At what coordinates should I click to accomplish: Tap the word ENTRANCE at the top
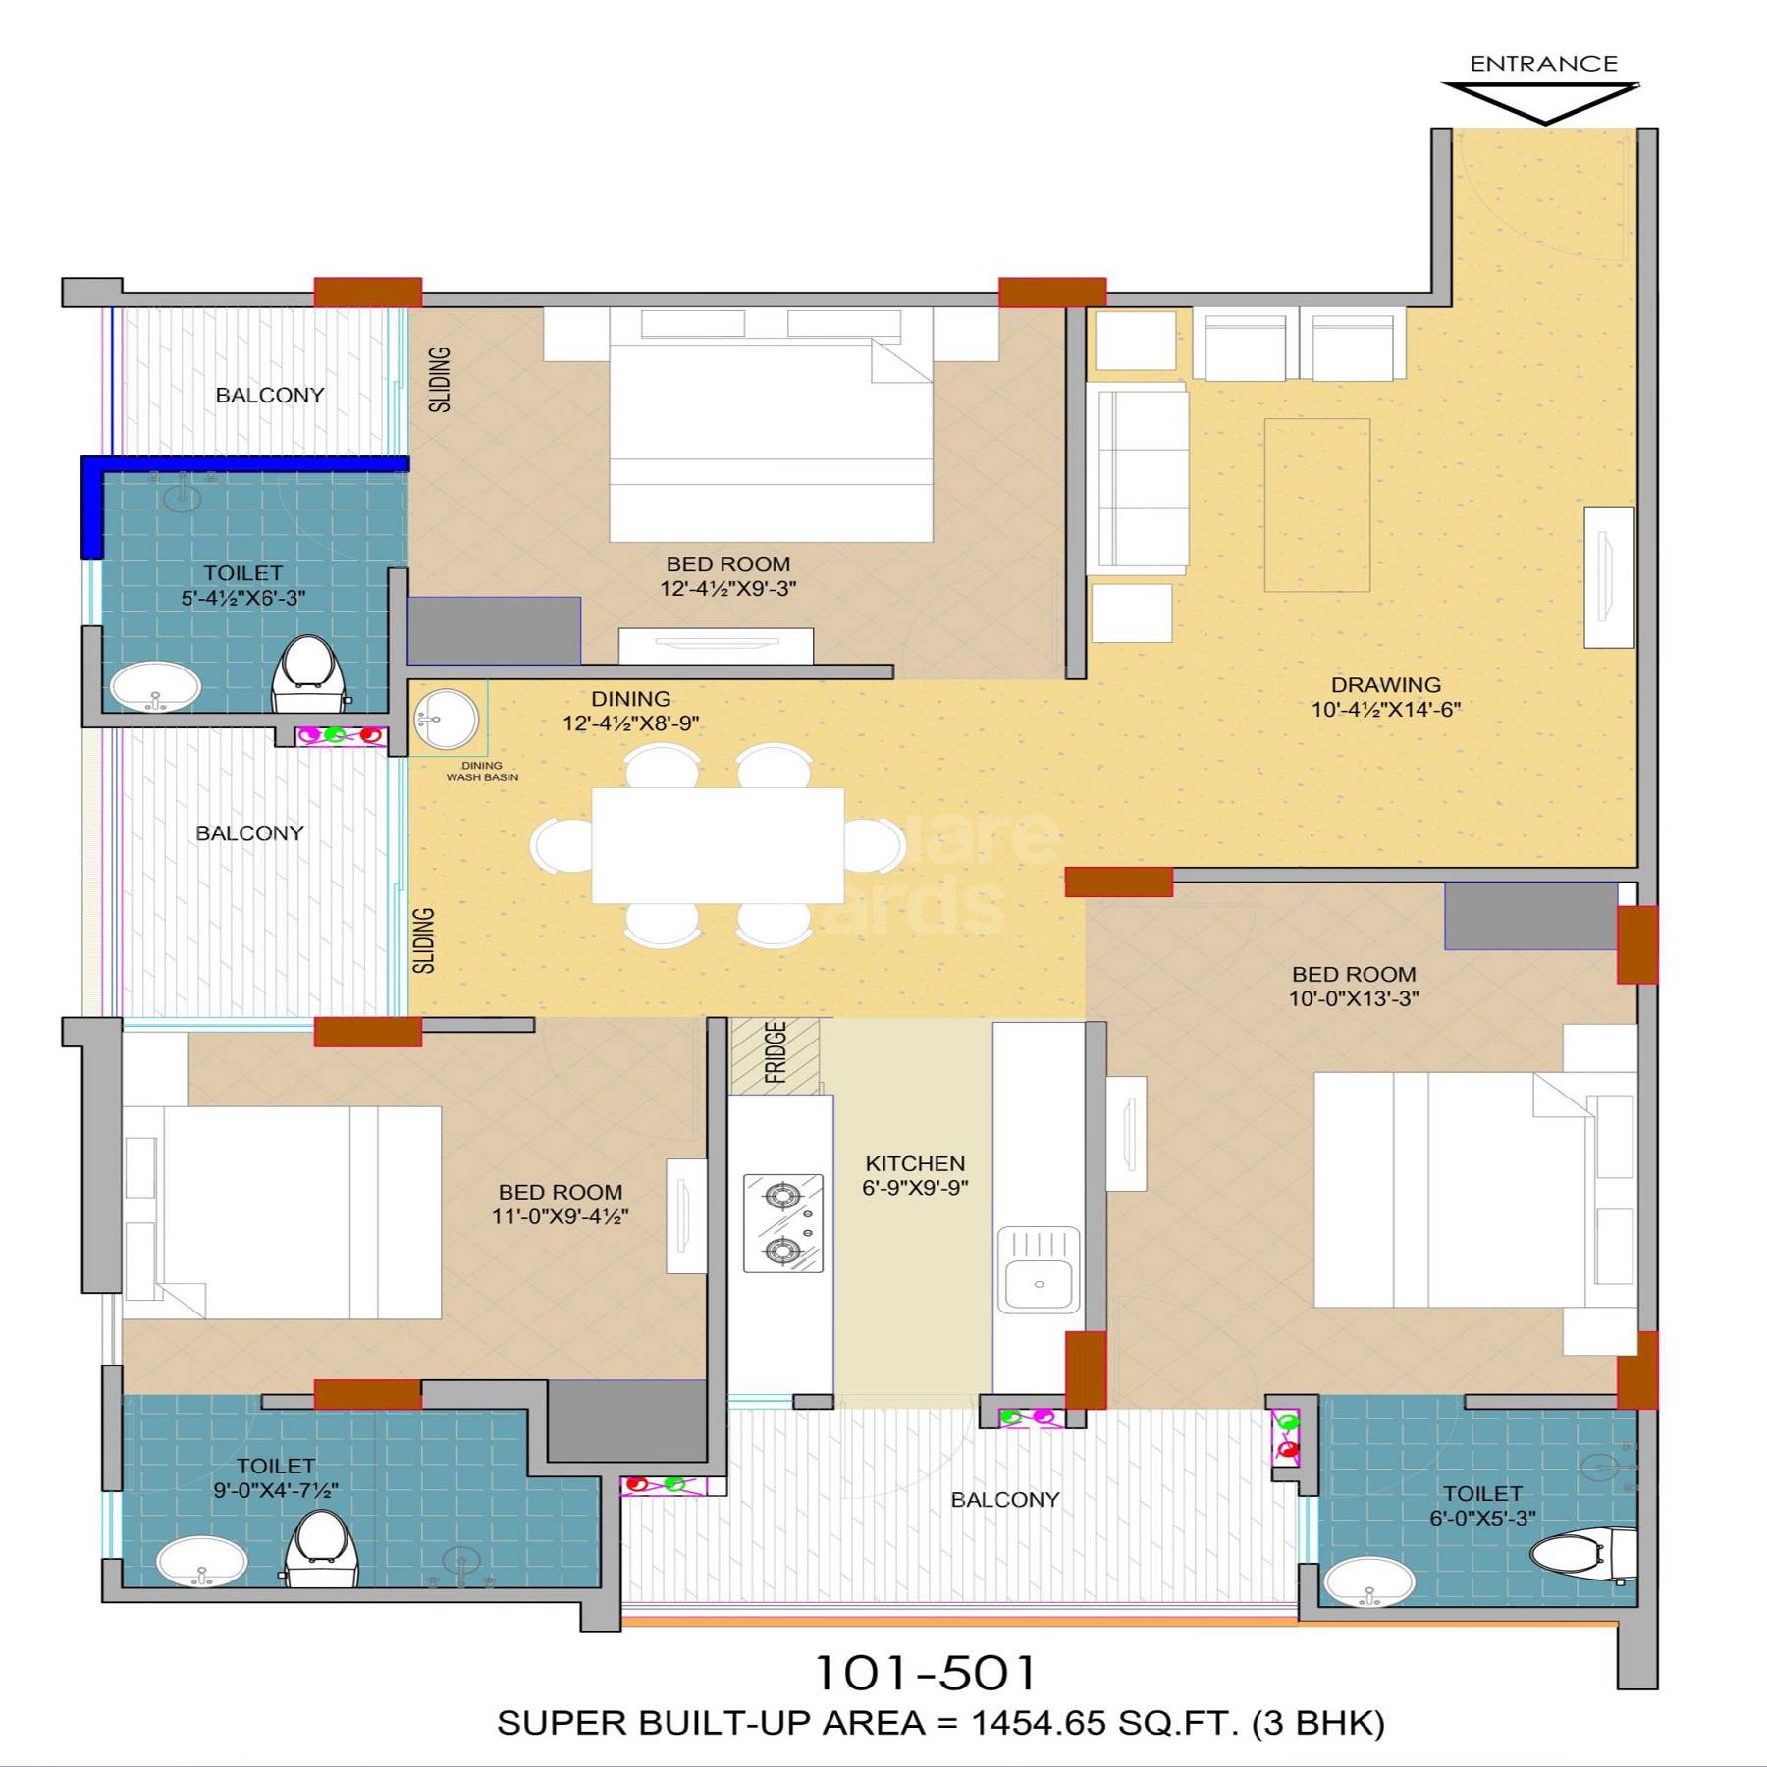(x=1543, y=64)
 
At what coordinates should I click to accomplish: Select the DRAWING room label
(x=1385, y=684)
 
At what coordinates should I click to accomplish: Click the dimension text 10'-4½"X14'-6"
(x=1385, y=709)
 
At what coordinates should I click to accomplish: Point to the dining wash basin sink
(x=445, y=719)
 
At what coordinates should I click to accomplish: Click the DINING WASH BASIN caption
(x=482, y=772)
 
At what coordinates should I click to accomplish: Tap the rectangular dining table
(x=717, y=845)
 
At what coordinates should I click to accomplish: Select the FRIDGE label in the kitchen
(x=776, y=1052)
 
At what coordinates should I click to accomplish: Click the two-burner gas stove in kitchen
(x=782, y=1223)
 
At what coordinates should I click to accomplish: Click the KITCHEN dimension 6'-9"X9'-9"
(x=915, y=1187)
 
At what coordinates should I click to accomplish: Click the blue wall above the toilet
(x=245, y=463)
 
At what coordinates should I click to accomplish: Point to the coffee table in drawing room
(x=1316, y=505)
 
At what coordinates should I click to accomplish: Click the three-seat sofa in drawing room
(x=1136, y=478)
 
